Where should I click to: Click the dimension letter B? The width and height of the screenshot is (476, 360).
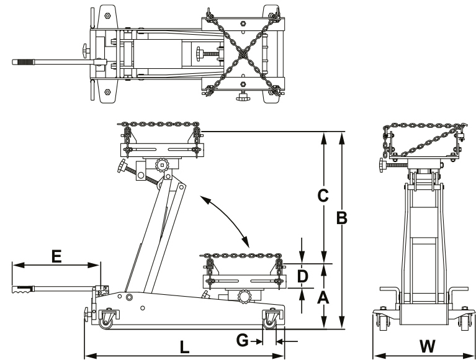341,218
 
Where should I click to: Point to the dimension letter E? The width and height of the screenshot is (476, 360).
56,255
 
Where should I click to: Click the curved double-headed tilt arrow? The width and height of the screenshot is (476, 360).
223,220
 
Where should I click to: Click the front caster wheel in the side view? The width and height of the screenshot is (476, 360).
271,320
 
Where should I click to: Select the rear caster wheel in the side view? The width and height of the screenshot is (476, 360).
106,320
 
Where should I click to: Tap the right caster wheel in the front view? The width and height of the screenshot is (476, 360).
465,322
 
